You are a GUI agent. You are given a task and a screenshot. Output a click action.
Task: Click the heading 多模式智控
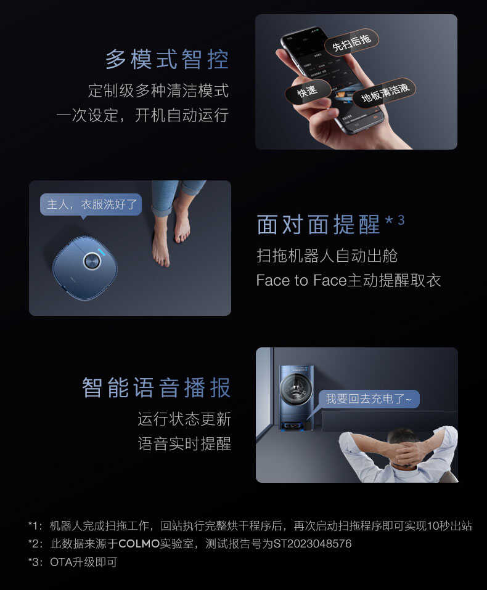pyautogui.click(x=167, y=60)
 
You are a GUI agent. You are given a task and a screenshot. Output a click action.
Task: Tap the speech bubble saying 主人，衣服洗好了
pyautogui.click(x=91, y=204)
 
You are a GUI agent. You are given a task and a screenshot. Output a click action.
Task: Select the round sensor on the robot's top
pyautogui.click(x=91, y=261)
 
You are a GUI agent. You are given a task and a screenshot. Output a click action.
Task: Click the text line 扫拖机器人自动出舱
pyautogui.click(x=327, y=255)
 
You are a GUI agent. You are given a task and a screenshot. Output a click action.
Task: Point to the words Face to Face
pyautogui.click(x=301, y=281)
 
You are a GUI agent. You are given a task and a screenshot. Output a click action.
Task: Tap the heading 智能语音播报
pyautogui.click(x=157, y=388)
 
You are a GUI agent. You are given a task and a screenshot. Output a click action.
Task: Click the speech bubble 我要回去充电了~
pyautogui.click(x=369, y=399)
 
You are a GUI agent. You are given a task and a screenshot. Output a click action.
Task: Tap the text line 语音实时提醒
pyautogui.click(x=184, y=444)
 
